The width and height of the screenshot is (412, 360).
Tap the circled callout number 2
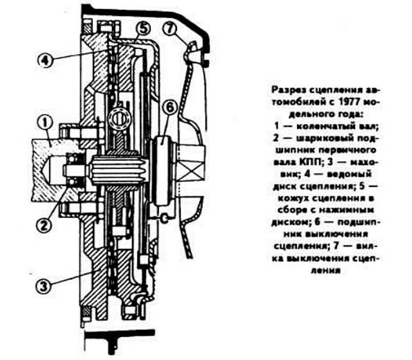(x=44, y=225)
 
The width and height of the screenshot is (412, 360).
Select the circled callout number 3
(x=43, y=286)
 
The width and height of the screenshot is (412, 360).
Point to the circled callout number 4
(x=45, y=61)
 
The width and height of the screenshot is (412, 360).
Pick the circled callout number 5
(x=143, y=29)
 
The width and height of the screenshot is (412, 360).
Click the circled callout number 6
(x=170, y=108)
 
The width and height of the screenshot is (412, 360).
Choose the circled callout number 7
(x=170, y=29)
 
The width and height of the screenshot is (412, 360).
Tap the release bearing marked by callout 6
(x=163, y=170)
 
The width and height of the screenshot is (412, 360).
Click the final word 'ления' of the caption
(x=326, y=270)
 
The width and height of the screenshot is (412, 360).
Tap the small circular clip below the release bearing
(x=164, y=218)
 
